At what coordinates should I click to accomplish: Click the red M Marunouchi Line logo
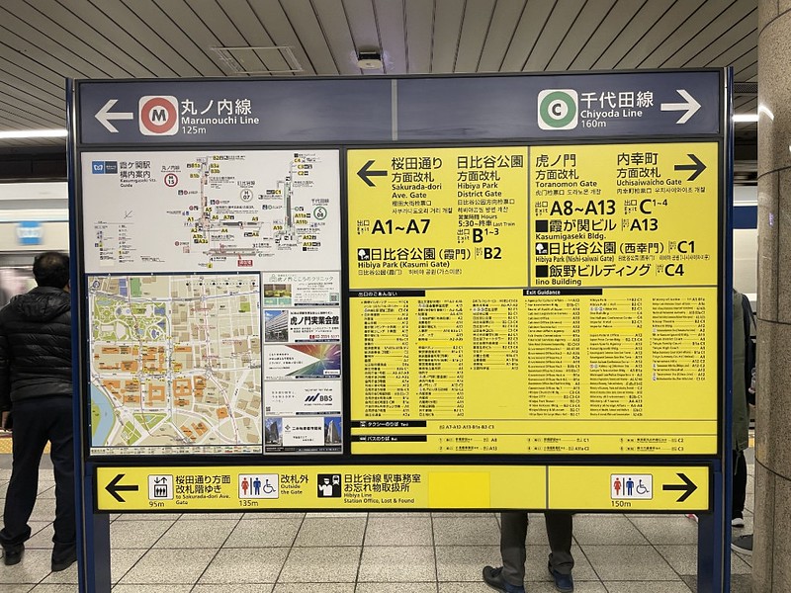click(158, 115)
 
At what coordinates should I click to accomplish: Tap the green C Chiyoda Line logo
click(558, 109)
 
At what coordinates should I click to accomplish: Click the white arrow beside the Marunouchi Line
click(112, 116)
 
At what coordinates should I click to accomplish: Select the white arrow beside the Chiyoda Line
click(680, 106)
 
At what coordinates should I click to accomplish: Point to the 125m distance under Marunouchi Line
click(194, 130)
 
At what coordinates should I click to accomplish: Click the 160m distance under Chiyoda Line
click(593, 124)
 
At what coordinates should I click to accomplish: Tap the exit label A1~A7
click(400, 226)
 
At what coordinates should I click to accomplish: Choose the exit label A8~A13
click(582, 208)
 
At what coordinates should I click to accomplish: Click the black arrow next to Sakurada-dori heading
click(371, 173)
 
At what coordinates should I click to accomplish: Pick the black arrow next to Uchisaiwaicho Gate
click(690, 167)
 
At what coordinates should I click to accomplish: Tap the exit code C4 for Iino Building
click(673, 269)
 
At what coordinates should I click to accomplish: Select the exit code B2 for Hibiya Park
click(492, 253)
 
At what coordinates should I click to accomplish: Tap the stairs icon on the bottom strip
click(160, 486)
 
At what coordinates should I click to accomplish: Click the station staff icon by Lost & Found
click(329, 486)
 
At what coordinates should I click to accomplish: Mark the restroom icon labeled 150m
click(631, 486)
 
